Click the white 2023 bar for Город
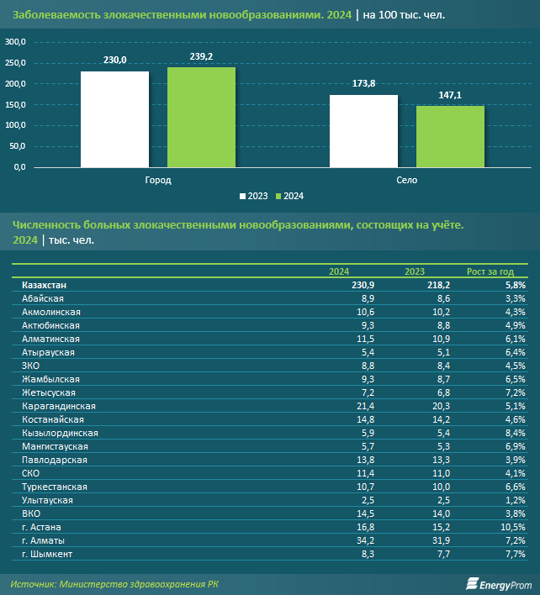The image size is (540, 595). [x=114, y=119]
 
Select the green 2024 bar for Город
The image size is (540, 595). [x=201, y=118]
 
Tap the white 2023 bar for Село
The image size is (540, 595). [x=363, y=131]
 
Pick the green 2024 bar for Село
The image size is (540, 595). [x=450, y=136]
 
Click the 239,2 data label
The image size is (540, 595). [x=201, y=55]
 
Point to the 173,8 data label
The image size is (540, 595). [x=363, y=83]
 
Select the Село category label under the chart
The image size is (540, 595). [x=406, y=180]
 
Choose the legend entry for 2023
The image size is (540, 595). [x=253, y=196]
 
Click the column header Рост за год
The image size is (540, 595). [x=490, y=271]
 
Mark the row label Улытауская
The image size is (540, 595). [x=48, y=500]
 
